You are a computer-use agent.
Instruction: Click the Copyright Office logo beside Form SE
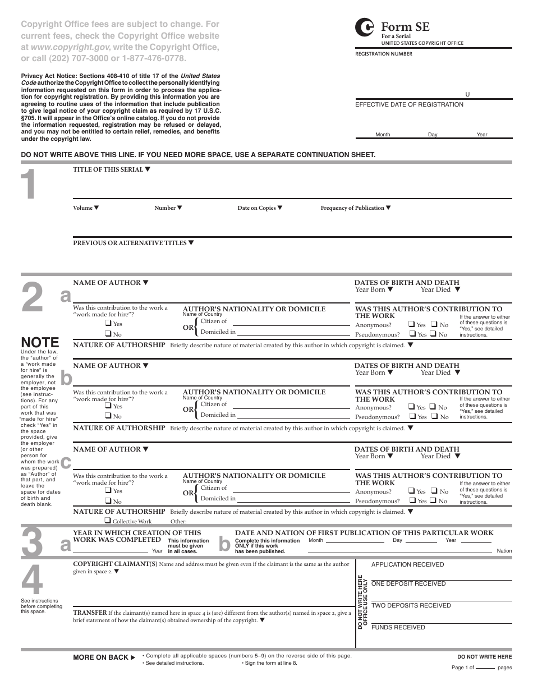point(364,27)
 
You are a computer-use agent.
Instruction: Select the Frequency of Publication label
point(352,208)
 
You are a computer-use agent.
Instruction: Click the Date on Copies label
point(256,208)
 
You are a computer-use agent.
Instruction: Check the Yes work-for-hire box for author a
point(108,323)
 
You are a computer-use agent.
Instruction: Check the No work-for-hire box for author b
point(108,416)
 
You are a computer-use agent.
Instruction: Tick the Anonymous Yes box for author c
point(412,491)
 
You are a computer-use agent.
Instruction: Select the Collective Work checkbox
point(108,521)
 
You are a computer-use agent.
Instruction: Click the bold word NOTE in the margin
point(40,342)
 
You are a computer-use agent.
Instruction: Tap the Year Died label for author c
point(436,457)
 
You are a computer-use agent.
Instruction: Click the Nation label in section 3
point(504,551)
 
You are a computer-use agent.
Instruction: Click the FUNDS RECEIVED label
point(398,627)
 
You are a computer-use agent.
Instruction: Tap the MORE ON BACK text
point(100,657)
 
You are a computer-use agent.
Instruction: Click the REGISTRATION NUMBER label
point(384,54)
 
